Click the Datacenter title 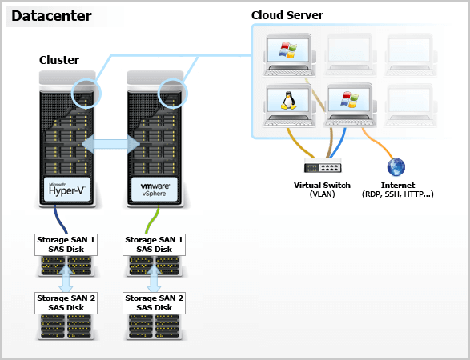[x=51, y=16]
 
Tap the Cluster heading [x=59, y=60]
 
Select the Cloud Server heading [x=287, y=15]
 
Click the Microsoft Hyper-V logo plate [x=67, y=190]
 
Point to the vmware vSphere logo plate [x=155, y=190]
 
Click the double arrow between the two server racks [x=110, y=144]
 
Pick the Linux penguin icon [x=288, y=100]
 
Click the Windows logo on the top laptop [x=288, y=50]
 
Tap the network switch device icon [x=323, y=165]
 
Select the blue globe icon [x=396, y=167]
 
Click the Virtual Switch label [x=322, y=185]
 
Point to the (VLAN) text [x=322, y=194]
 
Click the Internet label [x=398, y=185]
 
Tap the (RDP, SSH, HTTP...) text [x=398, y=194]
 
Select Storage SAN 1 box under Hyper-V [x=66, y=245]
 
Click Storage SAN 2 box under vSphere [x=154, y=303]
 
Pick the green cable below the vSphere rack [x=153, y=219]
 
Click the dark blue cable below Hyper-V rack [x=59, y=219]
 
